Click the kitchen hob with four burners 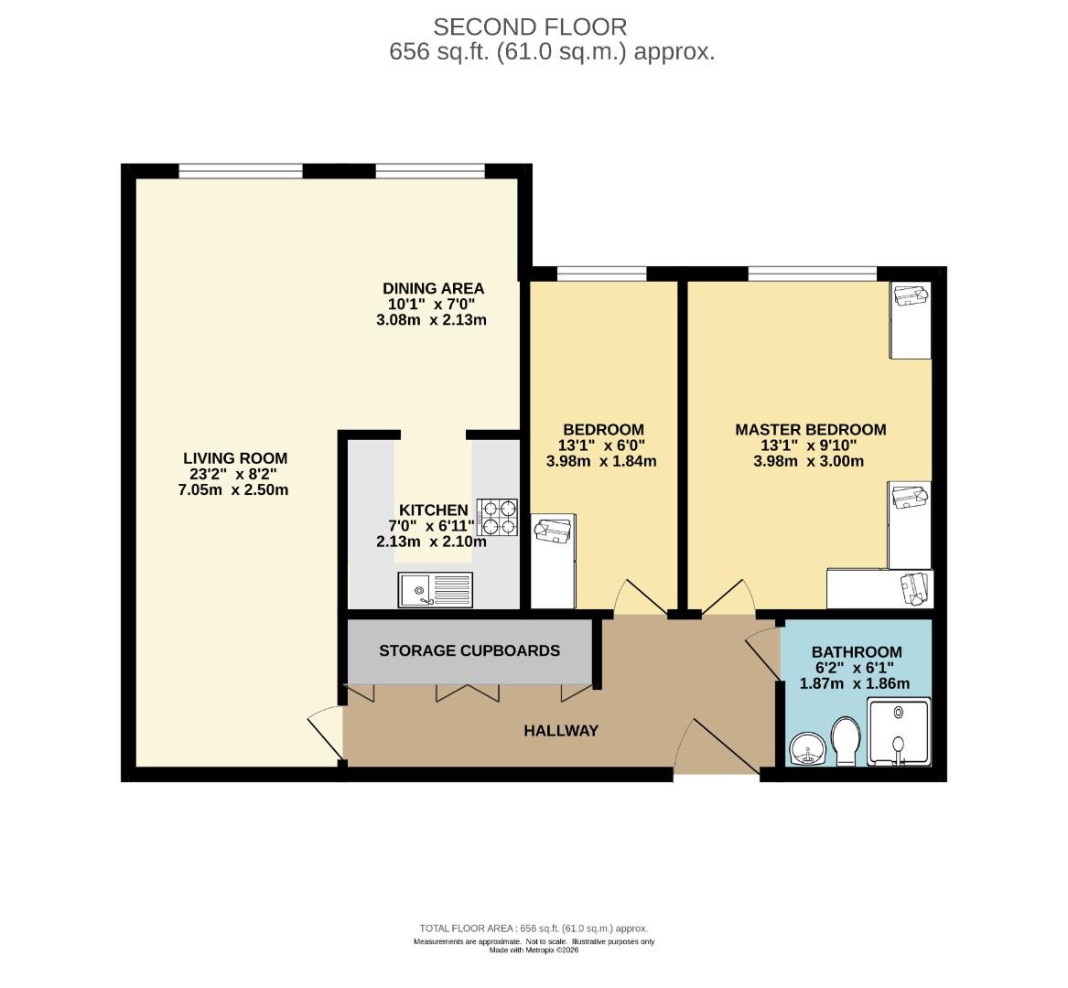pyautogui.click(x=497, y=518)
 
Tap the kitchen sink pyautogui.click(x=436, y=589)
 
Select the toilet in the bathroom pyautogui.click(x=846, y=741)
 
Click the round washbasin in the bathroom pyautogui.click(x=808, y=748)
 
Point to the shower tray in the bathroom pyautogui.click(x=899, y=732)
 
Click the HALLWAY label pyautogui.click(x=561, y=731)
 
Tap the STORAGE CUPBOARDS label pyautogui.click(x=469, y=650)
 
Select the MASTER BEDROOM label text pyautogui.click(x=811, y=430)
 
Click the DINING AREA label pyautogui.click(x=433, y=288)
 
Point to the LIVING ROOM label pyautogui.click(x=235, y=458)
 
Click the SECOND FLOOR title pyautogui.click(x=530, y=27)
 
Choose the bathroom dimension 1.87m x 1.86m pyautogui.click(x=854, y=683)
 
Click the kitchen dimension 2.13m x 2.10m pyautogui.click(x=431, y=542)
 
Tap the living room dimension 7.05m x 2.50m pyautogui.click(x=233, y=489)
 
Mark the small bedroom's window pyautogui.click(x=601, y=274)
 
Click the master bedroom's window pyautogui.click(x=812, y=274)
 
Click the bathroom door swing pyautogui.click(x=763, y=654)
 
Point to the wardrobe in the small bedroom pyautogui.click(x=553, y=561)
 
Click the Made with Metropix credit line pyautogui.click(x=534, y=950)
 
